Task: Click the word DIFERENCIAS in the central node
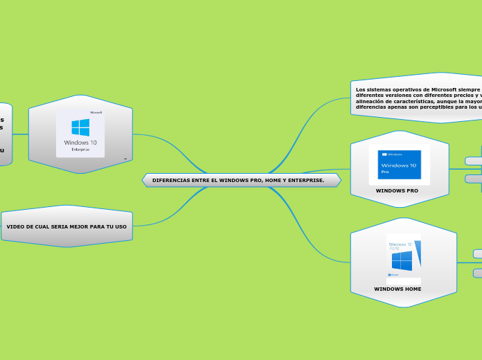pos(168,180)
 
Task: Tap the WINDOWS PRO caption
pos(397,190)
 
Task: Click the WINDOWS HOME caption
pos(398,289)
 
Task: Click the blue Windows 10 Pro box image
pos(398,165)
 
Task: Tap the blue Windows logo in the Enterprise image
pos(80,127)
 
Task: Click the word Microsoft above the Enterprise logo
pos(96,112)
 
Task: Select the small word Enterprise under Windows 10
pos(80,149)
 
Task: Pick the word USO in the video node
pos(120,226)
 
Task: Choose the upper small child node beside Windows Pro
pos(474,161)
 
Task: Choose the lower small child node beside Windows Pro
pos(474,179)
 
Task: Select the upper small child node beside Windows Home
pos(477,254)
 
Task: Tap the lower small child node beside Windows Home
pos(477,273)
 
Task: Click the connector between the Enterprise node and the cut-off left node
pos(20,134)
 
